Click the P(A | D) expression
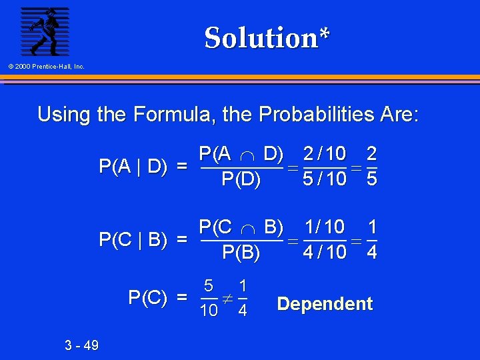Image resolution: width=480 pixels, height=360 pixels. click(133, 166)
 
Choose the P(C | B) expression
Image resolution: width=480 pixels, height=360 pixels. click(133, 239)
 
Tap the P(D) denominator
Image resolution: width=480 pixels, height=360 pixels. click(241, 179)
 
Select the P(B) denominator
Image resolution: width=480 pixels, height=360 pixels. click(241, 252)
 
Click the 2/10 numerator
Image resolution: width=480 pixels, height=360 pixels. click(325, 154)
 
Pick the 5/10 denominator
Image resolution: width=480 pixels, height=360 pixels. click(325, 179)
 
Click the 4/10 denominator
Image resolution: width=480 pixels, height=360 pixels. click(325, 252)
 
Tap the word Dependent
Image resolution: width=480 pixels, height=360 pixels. click(325, 304)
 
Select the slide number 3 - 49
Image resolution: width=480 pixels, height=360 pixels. click(82, 345)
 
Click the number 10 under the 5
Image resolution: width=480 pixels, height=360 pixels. click(209, 310)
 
